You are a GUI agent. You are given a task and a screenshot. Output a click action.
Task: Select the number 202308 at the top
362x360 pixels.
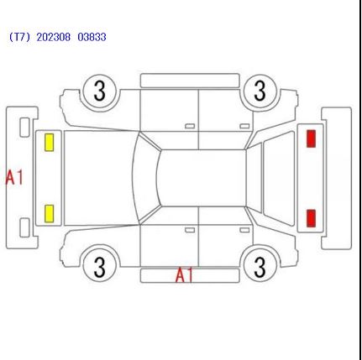click(53, 37)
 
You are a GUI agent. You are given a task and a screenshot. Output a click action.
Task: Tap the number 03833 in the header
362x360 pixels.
click(92, 37)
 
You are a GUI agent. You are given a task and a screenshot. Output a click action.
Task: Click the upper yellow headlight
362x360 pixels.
click(50, 143)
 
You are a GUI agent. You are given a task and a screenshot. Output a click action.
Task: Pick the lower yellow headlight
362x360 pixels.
click(50, 214)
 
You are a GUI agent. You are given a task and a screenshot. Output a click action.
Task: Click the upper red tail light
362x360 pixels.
click(311, 138)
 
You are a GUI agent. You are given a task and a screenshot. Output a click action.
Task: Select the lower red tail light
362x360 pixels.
click(311, 218)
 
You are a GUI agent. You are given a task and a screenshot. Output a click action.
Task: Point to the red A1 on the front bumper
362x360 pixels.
click(14, 177)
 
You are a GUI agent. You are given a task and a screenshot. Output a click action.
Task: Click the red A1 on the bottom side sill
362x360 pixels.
click(184, 275)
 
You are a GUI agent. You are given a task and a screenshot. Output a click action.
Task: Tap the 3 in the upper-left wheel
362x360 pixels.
click(99, 91)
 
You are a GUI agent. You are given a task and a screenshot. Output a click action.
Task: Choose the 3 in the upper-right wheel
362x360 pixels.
click(260, 91)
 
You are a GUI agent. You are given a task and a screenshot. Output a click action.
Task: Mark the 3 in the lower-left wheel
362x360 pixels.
click(99, 267)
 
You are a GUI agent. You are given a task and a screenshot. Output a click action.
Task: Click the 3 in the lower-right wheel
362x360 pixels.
click(260, 267)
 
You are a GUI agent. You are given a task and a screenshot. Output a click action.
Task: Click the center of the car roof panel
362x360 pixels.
click(202, 178)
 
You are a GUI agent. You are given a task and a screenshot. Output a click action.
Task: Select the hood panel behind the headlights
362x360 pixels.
click(99, 178)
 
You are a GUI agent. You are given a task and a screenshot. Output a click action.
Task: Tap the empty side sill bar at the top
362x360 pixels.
click(190, 81)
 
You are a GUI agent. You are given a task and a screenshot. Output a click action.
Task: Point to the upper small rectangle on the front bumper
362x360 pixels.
click(24, 128)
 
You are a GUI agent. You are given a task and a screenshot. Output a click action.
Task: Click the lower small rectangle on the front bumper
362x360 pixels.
click(24, 227)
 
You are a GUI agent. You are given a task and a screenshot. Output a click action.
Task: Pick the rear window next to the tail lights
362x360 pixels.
click(279, 178)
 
